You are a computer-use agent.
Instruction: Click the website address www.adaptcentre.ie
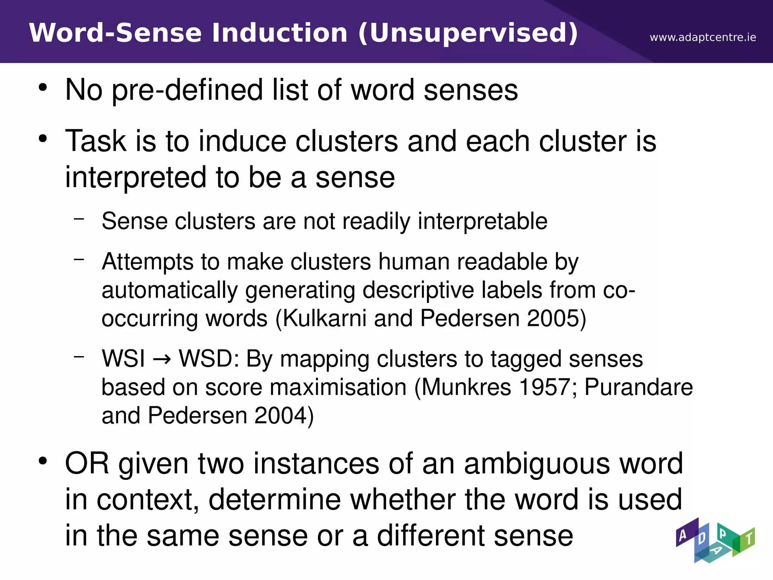[702, 37]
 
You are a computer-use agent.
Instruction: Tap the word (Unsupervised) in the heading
[468, 33]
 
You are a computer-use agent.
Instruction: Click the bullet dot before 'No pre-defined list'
[43, 88]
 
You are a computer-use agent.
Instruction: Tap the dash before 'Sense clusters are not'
[79, 218]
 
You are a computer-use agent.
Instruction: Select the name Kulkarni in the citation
[325, 318]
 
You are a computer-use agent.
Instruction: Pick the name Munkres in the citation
[465, 387]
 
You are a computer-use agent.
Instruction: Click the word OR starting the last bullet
[87, 464]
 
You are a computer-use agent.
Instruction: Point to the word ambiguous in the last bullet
[536, 464]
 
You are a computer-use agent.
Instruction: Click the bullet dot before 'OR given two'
[43, 461]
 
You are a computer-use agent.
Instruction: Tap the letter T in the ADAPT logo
[748, 538]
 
